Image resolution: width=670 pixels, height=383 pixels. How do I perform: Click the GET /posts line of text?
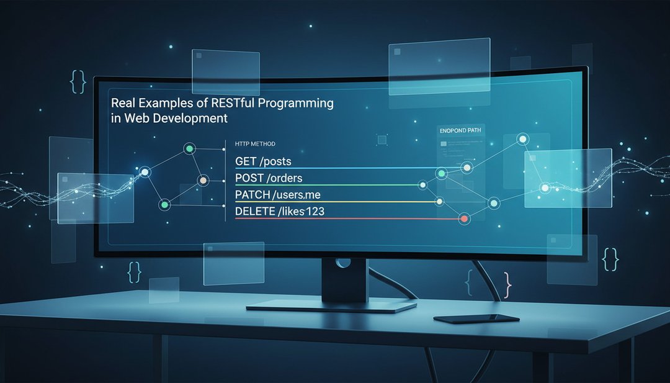[263, 161]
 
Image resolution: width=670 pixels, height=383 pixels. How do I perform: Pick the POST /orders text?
[269, 179]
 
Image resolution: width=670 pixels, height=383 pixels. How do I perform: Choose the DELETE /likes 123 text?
[280, 212]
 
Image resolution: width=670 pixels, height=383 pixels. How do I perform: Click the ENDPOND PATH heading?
[460, 131]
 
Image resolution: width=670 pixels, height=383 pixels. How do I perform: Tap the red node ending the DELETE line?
[464, 219]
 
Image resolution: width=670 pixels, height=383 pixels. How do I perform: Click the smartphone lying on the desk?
[476, 318]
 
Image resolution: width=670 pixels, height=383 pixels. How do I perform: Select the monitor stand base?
[331, 306]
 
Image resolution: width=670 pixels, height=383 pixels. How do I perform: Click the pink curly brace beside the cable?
[508, 283]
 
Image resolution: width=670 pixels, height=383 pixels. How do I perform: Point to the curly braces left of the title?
[78, 81]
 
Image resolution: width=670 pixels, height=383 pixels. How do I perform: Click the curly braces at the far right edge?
[610, 258]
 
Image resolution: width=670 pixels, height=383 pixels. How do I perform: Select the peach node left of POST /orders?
[202, 180]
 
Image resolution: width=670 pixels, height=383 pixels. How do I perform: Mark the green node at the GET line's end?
[442, 173]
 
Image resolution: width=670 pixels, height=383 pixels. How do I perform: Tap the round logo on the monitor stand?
[339, 263]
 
